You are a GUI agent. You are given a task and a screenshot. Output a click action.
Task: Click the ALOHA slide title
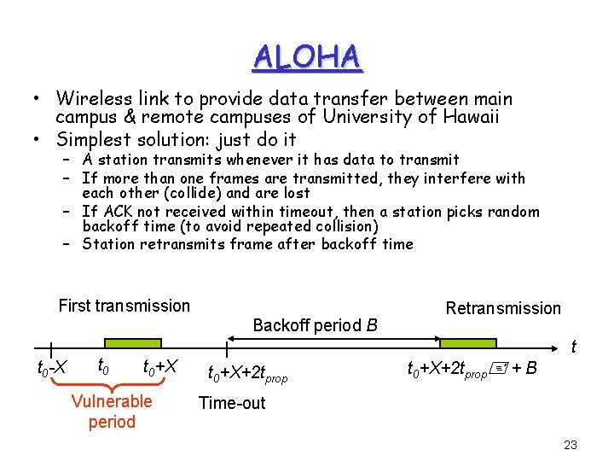[307, 56]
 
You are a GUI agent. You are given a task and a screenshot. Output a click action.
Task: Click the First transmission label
[125, 306]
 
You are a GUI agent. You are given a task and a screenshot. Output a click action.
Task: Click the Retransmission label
[503, 308]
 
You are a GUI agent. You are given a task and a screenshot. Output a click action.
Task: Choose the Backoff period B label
[316, 325]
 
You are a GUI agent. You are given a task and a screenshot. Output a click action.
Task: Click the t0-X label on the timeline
[52, 369]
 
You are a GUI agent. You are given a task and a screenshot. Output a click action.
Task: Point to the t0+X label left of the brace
[160, 368]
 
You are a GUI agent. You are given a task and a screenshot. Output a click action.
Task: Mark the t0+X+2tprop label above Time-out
[248, 374]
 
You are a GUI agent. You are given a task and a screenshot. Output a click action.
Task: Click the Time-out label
[232, 403]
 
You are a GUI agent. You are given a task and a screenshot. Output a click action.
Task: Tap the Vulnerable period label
[112, 411]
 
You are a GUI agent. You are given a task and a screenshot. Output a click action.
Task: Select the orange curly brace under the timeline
[113, 384]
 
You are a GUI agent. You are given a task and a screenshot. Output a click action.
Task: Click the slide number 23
[571, 444]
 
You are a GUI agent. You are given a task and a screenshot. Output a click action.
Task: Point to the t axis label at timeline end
[573, 347]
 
